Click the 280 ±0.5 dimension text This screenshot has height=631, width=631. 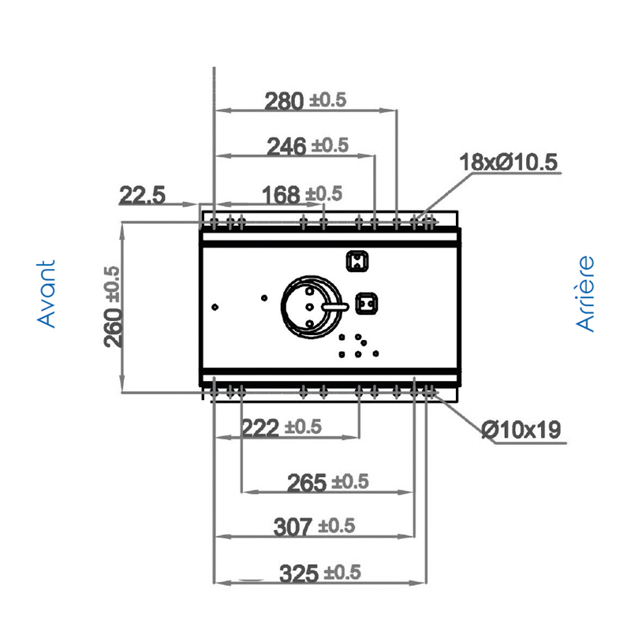click(x=305, y=100)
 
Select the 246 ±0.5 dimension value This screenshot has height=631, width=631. click(x=308, y=146)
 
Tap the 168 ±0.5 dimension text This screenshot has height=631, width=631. click(x=302, y=194)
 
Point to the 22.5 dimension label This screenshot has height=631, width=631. click(x=142, y=195)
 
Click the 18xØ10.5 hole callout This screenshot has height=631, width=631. click(x=508, y=162)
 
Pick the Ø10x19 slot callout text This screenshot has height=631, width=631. click(x=521, y=429)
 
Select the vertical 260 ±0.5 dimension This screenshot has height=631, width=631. click(x=112, y=307)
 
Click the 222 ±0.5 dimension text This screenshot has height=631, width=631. click(x=282, y=428)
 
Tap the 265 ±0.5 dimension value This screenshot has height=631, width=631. click(x=327, y=482)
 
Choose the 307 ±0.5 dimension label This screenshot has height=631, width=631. click(x=314, y=527)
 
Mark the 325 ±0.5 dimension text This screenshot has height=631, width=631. click(x=320, y=573)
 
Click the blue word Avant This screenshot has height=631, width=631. click(x=46, y=293)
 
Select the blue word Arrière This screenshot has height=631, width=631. click(x=584, y=293)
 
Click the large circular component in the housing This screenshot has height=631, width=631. click(x=312, y=307)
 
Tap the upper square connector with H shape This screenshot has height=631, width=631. click(x=357, y=261)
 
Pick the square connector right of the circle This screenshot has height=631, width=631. click(x=366, y=304)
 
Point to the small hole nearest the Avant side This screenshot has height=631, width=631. click(x=215, y=307)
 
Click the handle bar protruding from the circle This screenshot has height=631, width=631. click(x=334, y=307)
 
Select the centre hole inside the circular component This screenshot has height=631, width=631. click(x=309, y=307)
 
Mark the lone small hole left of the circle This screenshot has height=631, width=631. click(x=264, y=298)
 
